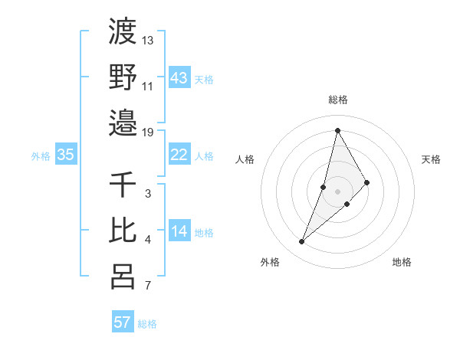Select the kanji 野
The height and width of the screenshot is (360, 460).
tap(123, 77)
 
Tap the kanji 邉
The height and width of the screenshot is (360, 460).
tap(123, 122)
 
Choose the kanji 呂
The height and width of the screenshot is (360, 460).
tap(123, 276)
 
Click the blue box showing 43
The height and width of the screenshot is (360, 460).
tap(179, 77)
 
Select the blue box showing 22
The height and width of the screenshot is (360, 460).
tap(179, 155)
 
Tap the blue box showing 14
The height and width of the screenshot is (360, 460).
tap(179, 231)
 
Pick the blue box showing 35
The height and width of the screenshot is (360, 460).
tap(65, 155)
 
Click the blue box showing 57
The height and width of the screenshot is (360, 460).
tap(123, 322)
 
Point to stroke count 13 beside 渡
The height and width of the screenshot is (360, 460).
tap(148, 40)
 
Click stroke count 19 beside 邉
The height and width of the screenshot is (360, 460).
tap(148, 132)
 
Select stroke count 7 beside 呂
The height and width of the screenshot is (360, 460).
tap(148, 286)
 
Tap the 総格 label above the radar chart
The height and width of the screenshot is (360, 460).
tap(338, 100)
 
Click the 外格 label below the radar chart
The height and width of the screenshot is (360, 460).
tap(270, 262)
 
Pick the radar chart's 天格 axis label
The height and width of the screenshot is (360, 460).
tap(432, 159)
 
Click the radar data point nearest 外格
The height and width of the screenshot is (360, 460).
tap(302, 242)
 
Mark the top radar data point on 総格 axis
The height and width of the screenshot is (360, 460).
tap(337, 130)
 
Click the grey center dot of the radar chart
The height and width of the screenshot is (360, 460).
tap(338, 191)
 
